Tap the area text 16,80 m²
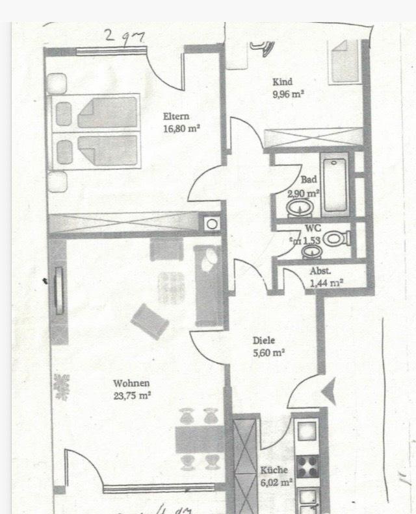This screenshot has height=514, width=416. click(x=181, y=128)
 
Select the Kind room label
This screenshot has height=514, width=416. click(x=283, y=82)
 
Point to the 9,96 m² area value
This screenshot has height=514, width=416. click(x=289, y=93)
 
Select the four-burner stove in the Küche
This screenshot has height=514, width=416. click(x=307, y=467)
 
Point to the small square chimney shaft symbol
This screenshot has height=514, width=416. click(x=212, y=224)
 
